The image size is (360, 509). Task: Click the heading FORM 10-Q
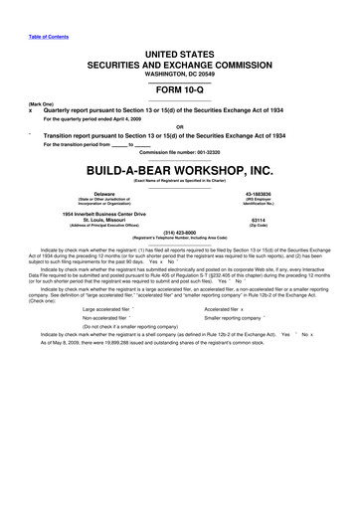(x=180, y=89)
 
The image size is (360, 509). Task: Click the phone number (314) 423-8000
(x=180, y=235)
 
